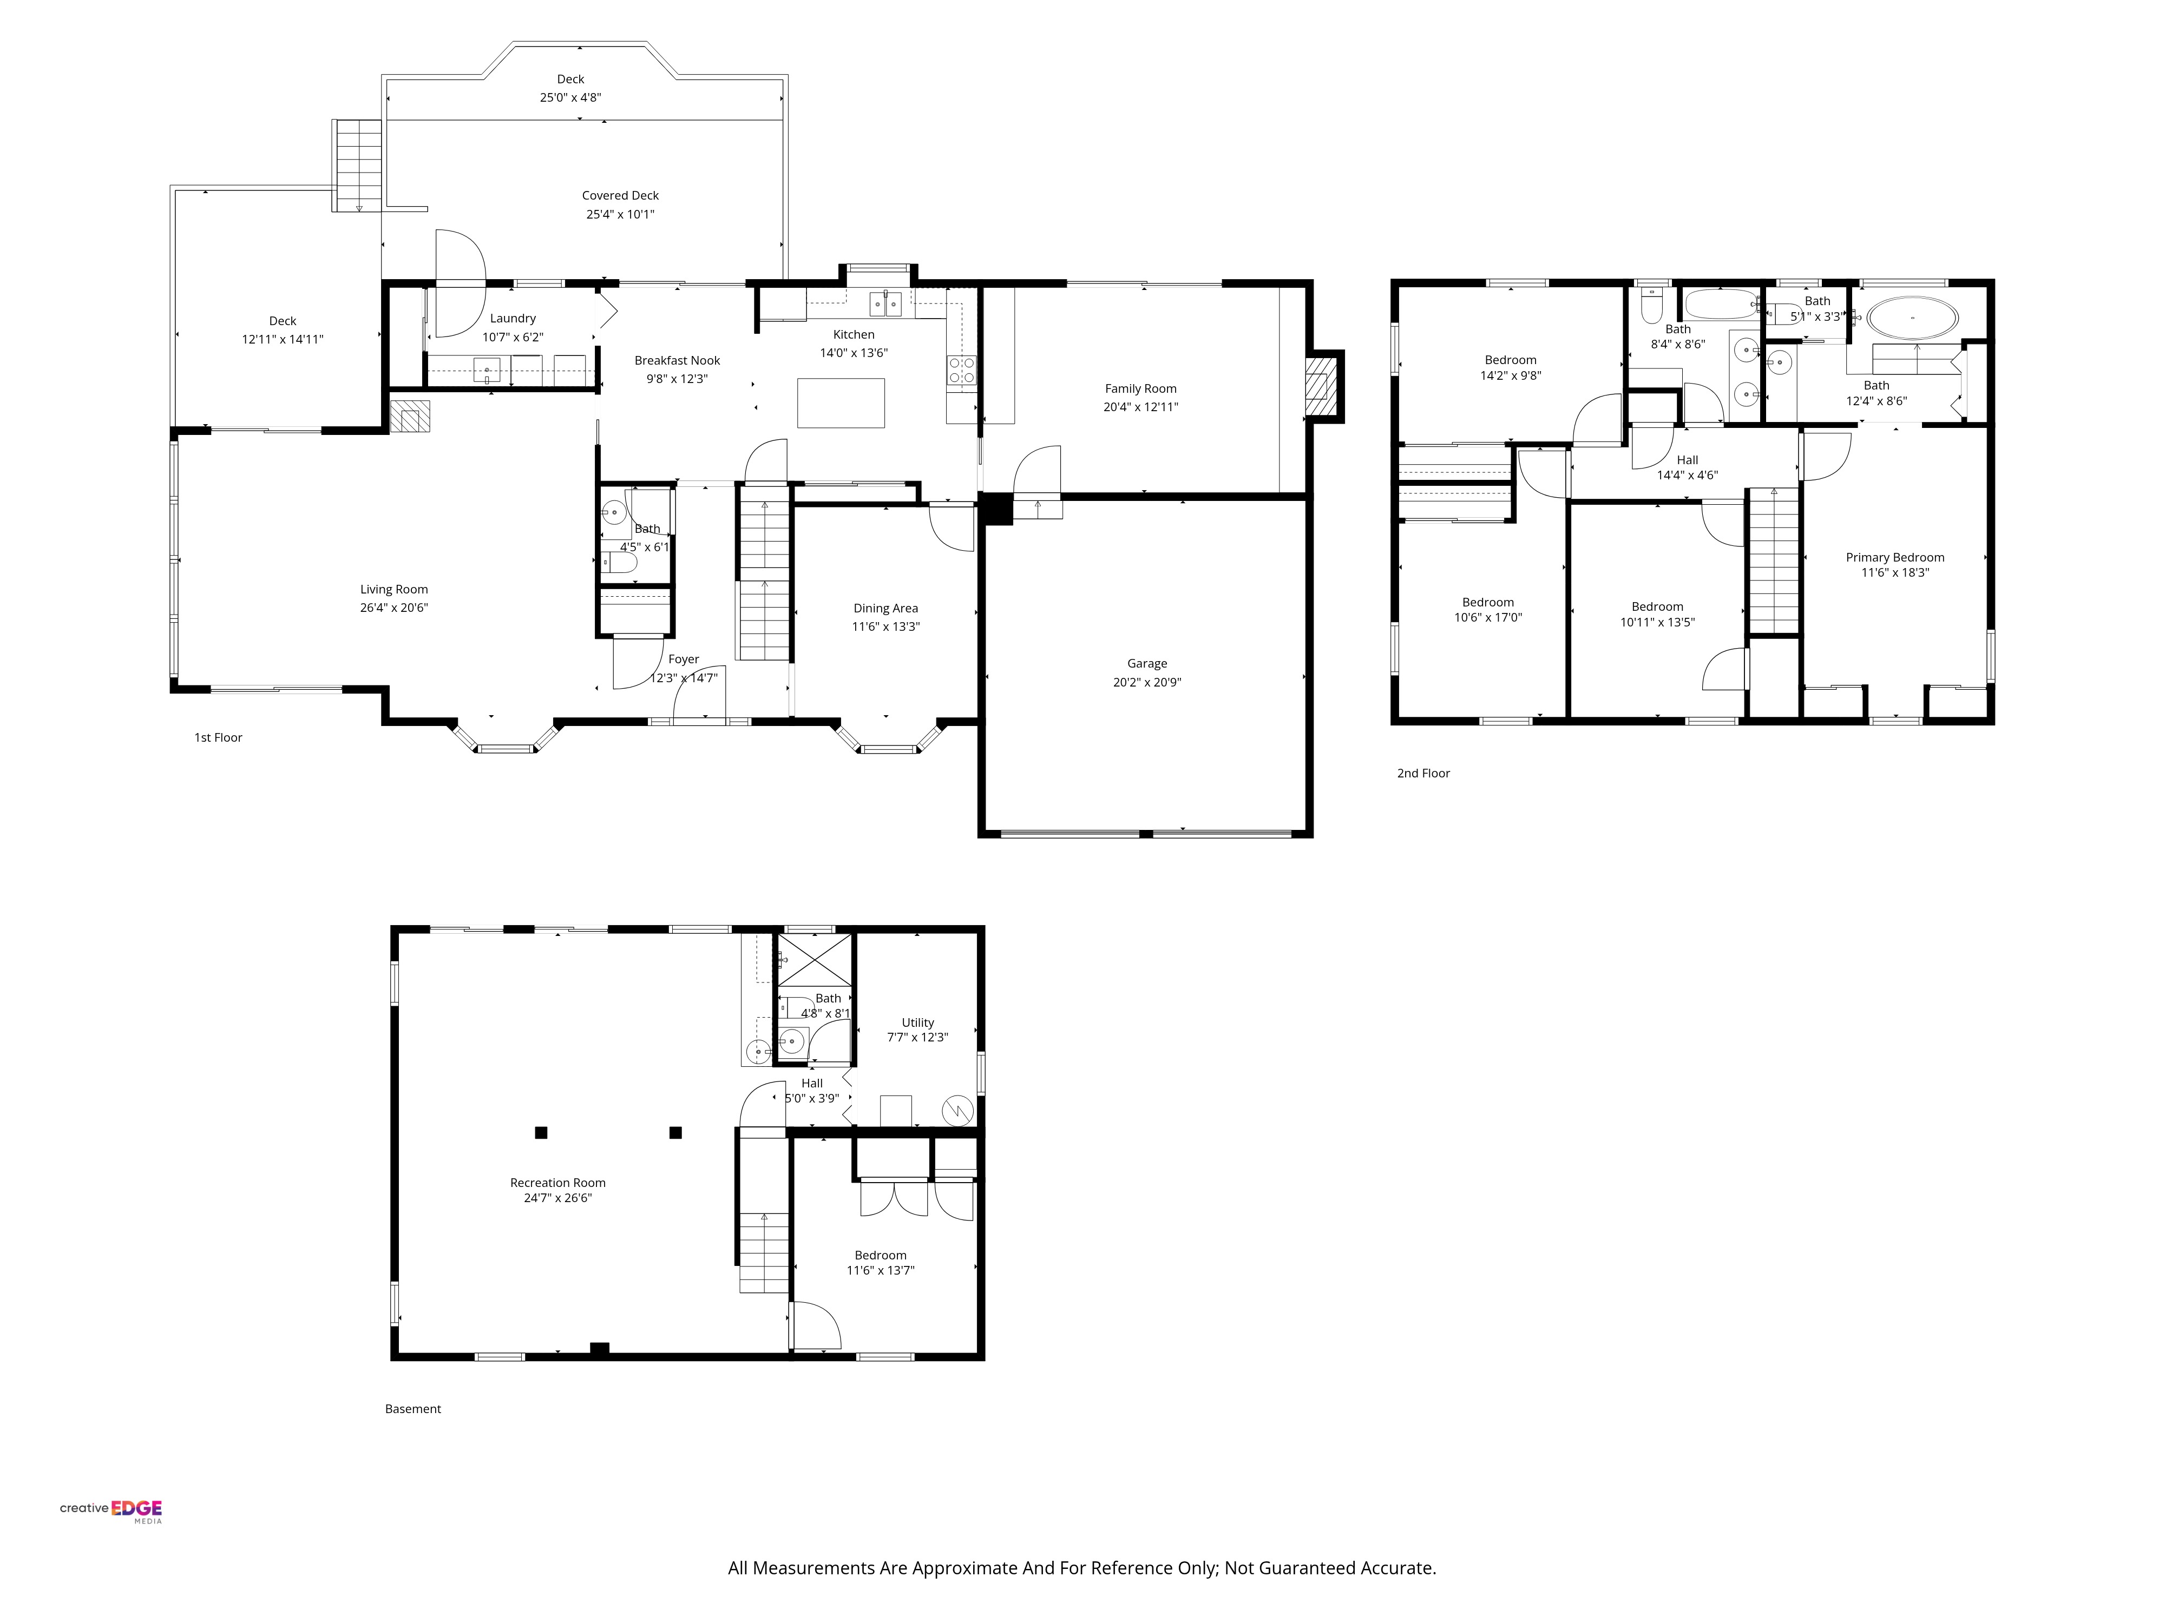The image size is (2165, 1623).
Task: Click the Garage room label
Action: pyautogui.click(x=1147, y=663)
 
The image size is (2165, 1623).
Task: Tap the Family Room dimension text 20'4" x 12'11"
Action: pyautogui.click(x=1140, y=407)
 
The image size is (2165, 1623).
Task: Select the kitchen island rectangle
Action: pyautogui.click(x=841, y=403)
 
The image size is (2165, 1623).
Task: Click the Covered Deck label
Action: pyautogui.click(x=620, y=196)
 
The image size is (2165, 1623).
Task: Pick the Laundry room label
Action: pyautogui.click(x=513, y=318)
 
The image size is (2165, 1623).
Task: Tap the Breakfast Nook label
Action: pyautogui.click(x=677, y=360)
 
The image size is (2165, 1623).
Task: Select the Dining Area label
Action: pyautogui.click(x=886, y=609)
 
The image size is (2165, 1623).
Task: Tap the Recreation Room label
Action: pyautogui.click(x=558, y=1183)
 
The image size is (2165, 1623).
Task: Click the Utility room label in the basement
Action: pyautogui.click(x=918, y=1022)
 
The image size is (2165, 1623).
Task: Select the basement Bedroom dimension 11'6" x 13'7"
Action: pyautogui.click(x=881, y=1271)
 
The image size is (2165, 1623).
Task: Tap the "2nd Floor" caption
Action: pyautogui.click(x=1423, y=773)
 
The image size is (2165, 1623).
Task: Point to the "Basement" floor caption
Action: pyautogui.click(x=413, y=1409)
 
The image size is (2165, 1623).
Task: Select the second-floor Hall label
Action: pyautogui.click(x=1688, y=460)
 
